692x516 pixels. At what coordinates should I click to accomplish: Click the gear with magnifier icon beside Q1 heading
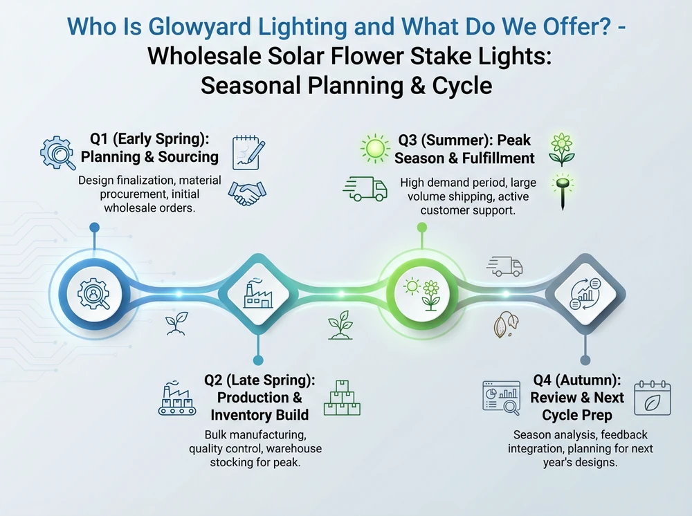coord(58,153)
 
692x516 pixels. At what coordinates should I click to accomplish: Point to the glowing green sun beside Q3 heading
coord(375,147)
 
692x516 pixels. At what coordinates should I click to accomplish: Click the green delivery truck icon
coord(365,187)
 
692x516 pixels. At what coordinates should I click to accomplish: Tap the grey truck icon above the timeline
coord(504,266)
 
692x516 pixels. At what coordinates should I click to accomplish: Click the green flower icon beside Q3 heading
coord(561,149)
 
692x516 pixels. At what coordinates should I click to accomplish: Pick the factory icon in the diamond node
coord(257,293)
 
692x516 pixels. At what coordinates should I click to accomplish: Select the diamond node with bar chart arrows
coord(584,293)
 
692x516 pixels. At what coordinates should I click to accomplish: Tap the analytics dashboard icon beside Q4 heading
coord(501,398)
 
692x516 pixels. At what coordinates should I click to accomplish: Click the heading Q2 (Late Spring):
coord(259,380)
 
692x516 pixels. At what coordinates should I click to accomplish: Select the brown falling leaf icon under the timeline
coord(503,325)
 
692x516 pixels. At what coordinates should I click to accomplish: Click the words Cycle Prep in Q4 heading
coord(577,415)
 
